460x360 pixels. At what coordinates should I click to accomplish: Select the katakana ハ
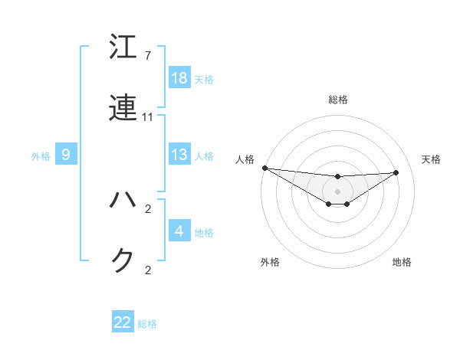(x=123, y=200)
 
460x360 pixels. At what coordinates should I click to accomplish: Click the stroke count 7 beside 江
(x=147, y=56)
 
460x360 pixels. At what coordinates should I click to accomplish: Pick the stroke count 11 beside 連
(x=148, y=117)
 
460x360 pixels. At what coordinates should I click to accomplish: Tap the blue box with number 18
(x=179, y=78)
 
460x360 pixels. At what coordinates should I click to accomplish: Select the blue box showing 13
(x=179, y=155)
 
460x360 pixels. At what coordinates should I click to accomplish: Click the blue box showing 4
(x=179, y=231)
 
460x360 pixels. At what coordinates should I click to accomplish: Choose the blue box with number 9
(x=66, y=155)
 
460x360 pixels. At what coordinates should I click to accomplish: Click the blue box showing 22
(x=123, y=322)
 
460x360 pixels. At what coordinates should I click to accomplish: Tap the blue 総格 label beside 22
(x=147, y=324)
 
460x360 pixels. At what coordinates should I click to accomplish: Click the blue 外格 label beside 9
(x=41, y=156)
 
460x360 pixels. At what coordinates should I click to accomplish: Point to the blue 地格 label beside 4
(x=204, y=233)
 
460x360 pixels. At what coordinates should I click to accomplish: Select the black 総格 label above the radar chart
(x=338, y=100)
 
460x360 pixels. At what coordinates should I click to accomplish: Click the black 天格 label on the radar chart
(x=431, y=159)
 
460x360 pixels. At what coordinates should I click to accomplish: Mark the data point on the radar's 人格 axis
(x=264, y=168)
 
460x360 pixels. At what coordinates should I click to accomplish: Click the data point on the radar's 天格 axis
(x=396, y=172)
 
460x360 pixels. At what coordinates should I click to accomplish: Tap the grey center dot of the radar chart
(x=338, y=191)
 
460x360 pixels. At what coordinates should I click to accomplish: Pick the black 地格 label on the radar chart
(x=402, y=262)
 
